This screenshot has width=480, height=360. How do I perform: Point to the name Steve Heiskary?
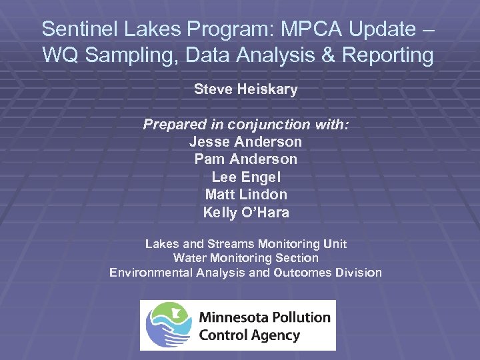[x=245, y=89]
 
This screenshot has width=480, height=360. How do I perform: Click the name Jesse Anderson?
[x=245, y=142]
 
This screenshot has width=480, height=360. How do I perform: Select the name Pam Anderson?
[x=245, y=159]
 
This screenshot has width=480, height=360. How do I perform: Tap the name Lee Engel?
[x=245, y=177]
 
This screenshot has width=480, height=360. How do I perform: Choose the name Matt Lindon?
[x=245, y=195]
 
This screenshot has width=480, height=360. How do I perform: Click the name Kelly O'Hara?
[x=245, y=213]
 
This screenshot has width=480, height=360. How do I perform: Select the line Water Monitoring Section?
[x=245, y=258]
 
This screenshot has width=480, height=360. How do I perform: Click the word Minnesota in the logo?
[x=234, y=317]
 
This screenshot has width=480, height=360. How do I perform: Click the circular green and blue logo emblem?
[x=168, y=325]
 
